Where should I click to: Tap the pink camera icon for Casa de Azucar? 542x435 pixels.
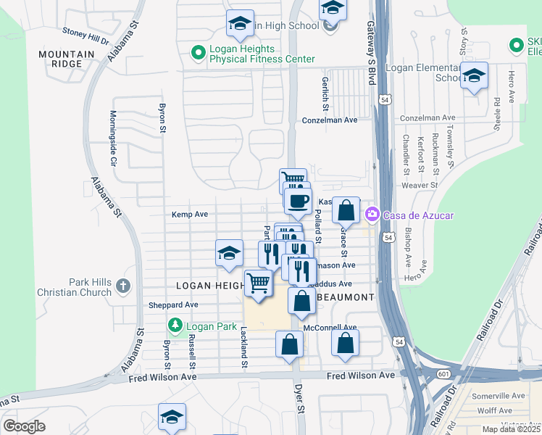point(372,214)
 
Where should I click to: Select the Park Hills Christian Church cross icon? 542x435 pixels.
point(122,286)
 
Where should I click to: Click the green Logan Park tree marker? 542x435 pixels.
point(174,326)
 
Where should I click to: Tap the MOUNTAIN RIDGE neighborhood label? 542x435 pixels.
point(61,59)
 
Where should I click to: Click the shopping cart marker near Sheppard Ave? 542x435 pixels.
point(259,283)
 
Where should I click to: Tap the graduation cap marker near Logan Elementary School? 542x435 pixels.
point(474,75)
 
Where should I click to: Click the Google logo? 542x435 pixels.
point(24,426)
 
